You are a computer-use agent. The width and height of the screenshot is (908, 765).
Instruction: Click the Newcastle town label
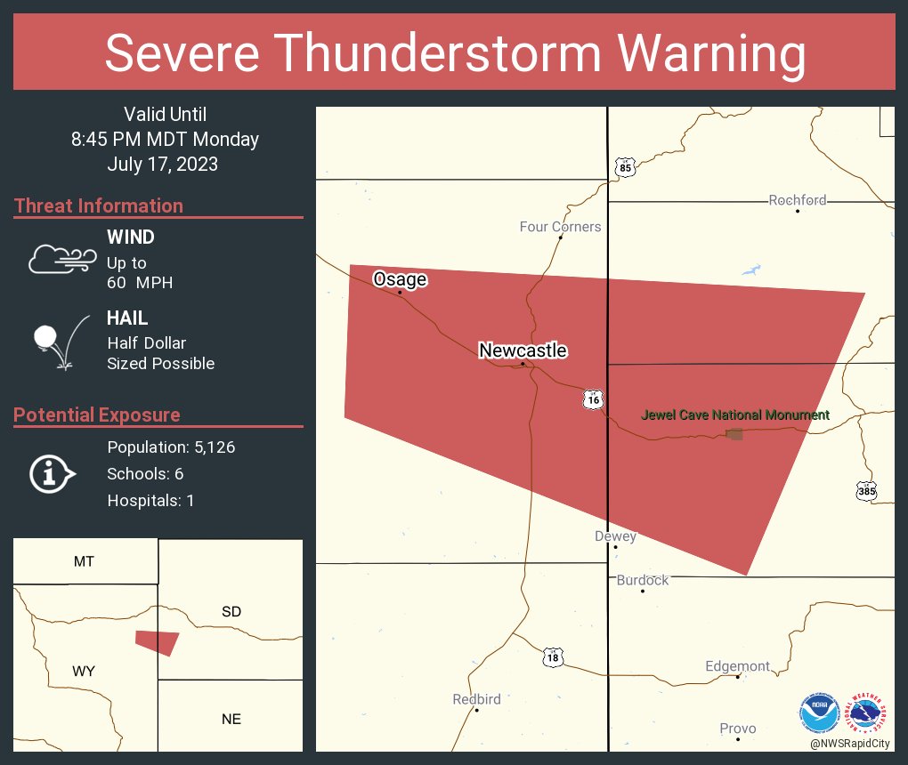(523, 350)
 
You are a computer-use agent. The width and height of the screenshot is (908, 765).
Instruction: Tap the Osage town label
(400, 279)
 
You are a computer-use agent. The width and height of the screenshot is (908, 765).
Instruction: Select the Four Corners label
(560, 227)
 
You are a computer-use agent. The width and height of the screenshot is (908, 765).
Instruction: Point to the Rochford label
(798, 200)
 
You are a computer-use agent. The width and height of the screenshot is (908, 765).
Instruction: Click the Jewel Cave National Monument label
(735, 415)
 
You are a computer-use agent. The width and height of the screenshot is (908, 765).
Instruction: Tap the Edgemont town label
(737, 666)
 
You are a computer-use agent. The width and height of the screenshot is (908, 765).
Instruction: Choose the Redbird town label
(476, 700)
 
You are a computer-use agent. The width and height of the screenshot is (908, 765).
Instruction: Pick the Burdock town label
(643, 580)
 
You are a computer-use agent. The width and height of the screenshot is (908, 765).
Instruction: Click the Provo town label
(738, 729)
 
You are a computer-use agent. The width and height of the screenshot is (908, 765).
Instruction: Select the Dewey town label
(615, 536)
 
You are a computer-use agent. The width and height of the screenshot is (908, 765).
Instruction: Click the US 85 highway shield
(625, 167)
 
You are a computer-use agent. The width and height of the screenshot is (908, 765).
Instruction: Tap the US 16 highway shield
(593, 399)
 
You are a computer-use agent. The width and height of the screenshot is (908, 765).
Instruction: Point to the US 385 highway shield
(867, 490)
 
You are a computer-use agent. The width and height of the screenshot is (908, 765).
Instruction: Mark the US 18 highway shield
(553, 657)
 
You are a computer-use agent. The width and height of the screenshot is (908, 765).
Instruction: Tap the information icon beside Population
(52, 473)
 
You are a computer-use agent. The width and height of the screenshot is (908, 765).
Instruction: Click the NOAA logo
(819, 712)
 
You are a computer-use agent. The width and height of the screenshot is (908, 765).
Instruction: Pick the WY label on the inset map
(85, 672)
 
